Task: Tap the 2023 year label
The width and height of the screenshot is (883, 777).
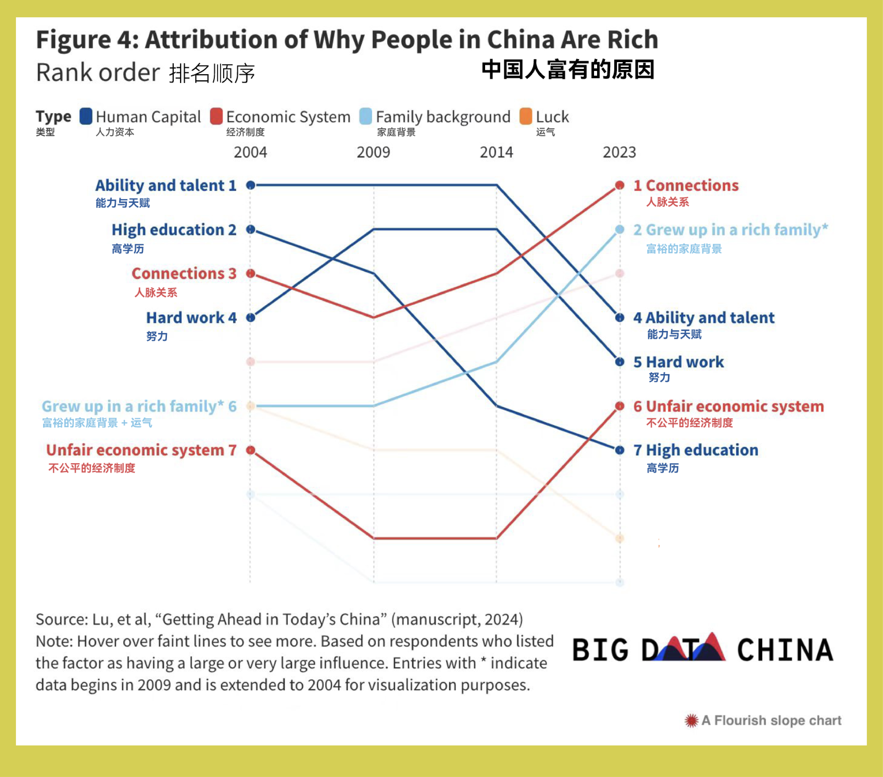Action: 619,153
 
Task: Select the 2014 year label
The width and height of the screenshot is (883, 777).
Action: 496,153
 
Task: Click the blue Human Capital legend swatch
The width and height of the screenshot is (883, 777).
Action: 86,116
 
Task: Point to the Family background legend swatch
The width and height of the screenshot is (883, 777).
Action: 365,116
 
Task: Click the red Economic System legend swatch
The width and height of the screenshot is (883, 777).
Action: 216,116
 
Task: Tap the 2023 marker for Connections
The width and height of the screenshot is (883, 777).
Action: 619,185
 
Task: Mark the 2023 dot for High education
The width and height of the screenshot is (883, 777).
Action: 619,450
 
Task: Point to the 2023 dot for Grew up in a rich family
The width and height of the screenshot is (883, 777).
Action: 619,229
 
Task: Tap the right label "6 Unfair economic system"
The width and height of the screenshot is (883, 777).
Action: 728,406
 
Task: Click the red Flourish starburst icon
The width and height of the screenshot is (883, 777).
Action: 691,720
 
